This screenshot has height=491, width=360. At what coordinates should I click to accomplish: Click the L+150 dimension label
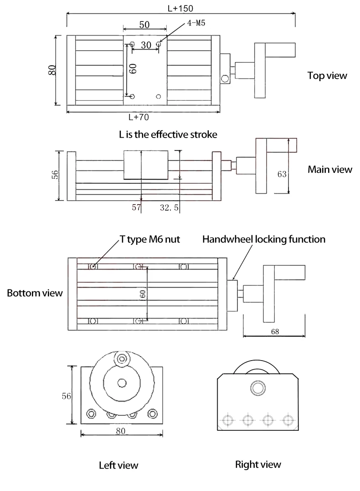180,9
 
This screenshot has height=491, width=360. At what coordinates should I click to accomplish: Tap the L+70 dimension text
139,117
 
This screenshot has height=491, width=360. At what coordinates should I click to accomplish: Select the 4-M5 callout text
196,23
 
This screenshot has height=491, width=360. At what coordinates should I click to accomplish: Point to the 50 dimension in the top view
144,25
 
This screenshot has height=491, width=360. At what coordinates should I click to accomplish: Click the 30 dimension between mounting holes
146,45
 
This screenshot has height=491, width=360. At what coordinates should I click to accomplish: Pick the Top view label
327,76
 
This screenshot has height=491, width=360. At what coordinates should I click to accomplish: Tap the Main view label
330,170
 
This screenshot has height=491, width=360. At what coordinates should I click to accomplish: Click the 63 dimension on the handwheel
282,174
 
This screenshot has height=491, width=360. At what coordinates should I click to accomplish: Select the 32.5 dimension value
169,207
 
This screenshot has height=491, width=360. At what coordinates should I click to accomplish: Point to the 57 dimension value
136,207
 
